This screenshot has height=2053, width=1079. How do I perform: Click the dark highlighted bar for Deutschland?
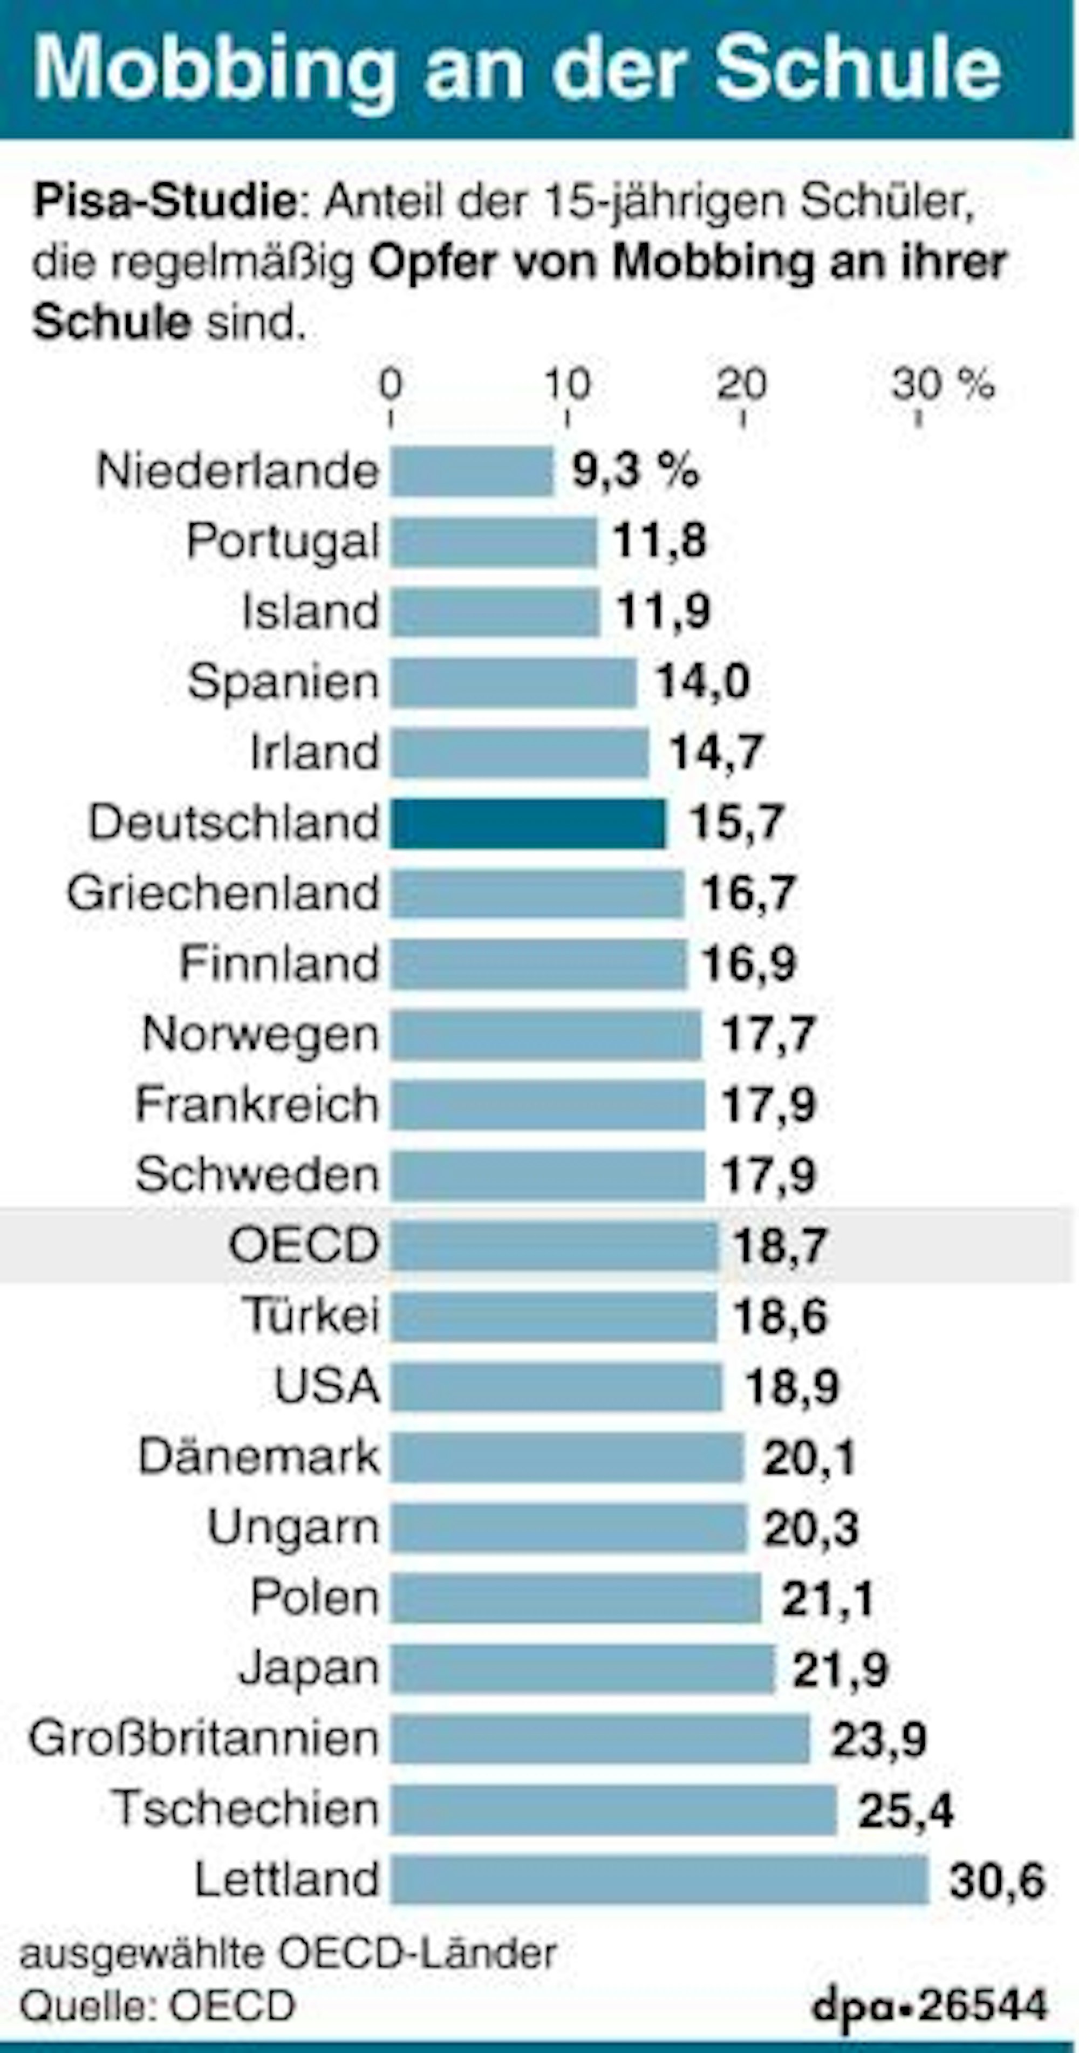coord(528,823)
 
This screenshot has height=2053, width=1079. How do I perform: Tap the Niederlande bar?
coord(471,471)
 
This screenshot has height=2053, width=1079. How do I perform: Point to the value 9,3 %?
coord(635,470)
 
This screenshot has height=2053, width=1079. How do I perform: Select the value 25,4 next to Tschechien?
coord(905,1810)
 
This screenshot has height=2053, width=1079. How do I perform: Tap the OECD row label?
coord(304,1245)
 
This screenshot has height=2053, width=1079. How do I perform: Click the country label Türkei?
coord(311,1315)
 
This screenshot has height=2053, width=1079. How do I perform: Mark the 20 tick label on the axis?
coord(741,386)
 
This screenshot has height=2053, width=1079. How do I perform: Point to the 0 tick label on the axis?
coord(391,386)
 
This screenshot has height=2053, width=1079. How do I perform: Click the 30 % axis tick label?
coord(943,386)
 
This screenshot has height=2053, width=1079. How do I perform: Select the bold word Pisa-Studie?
coord(165,202)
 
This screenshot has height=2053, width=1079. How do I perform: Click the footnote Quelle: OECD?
coord(157,2006)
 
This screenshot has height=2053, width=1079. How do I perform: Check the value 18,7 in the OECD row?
coord(780,1246)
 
